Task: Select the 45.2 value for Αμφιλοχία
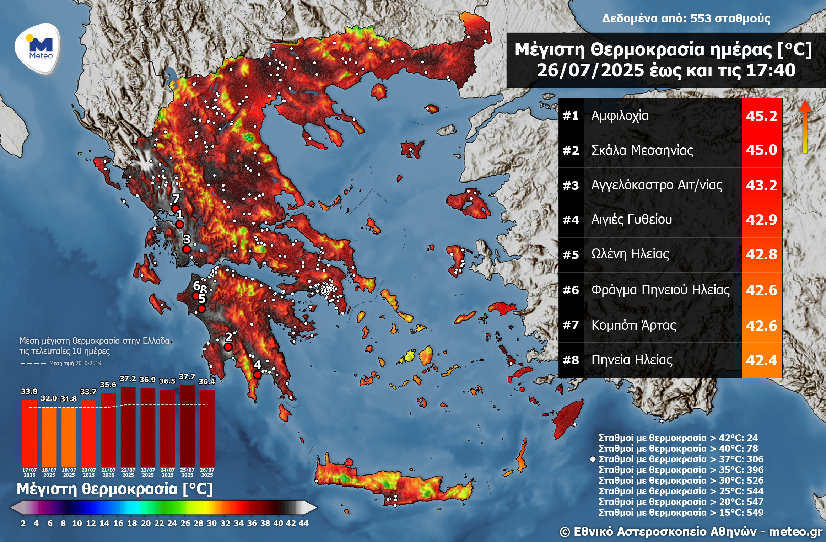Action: (761, 116)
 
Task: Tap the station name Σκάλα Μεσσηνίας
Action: (642, 150)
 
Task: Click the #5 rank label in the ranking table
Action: (571, 255)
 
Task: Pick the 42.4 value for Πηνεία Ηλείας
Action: (761, 360)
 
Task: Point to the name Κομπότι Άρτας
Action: (633, 325)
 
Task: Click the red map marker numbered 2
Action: (228, 347)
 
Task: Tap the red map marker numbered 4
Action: (257, 374)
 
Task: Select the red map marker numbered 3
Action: (187, 249)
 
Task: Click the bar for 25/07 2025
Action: (187, 426)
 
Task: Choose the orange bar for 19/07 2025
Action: (69, 437)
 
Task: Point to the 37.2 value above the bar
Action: (128, 379)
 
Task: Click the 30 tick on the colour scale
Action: (212, 523)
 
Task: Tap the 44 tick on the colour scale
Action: (304, 523)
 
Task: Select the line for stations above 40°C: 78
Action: (678, 449)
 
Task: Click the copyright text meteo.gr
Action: (795, 532)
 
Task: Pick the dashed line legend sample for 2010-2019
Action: (33, 363)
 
